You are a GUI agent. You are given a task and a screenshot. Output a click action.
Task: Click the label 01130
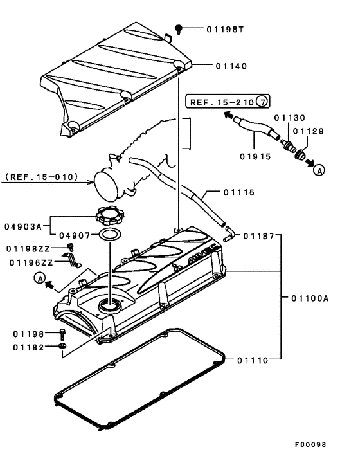(x=285, y=118)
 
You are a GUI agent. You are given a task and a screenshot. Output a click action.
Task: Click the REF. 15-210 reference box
(x=222, y=102)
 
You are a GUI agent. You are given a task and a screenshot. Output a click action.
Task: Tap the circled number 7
(x=262, y=102)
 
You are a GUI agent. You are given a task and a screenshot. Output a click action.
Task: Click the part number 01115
(x=239, y=192)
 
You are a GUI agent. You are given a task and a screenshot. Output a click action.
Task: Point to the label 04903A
(x=24, y=226)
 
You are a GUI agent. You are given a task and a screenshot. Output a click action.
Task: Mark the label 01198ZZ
(x=29, y=248)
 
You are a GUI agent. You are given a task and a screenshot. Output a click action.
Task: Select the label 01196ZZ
(x=29, y=262)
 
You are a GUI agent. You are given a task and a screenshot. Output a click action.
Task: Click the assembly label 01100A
(x=312, y=298)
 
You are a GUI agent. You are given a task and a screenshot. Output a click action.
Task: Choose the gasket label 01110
(x=256, y=359)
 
